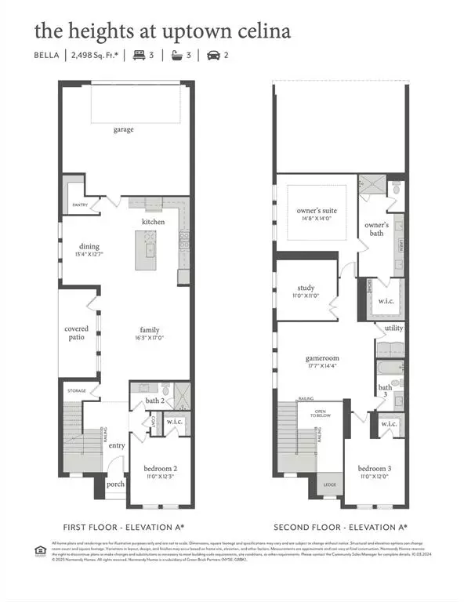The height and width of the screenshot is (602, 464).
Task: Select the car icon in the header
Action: tap(212, 56)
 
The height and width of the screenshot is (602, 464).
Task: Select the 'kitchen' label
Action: tap(153, 222)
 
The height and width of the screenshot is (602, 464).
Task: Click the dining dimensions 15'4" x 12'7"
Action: tap(89, 254)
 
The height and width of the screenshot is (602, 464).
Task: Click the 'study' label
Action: tap(305, 288)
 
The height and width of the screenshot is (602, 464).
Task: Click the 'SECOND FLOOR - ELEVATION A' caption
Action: tap(340, 527)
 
